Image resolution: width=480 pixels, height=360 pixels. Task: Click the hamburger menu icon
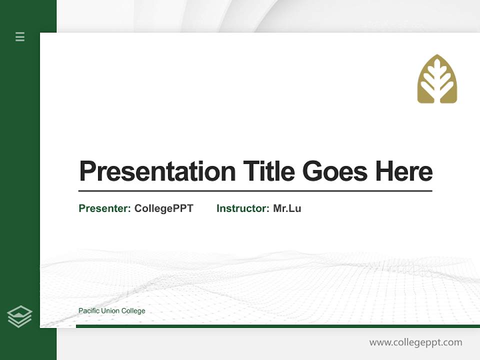(20, 36)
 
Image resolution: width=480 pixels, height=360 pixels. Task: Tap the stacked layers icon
(19, 316)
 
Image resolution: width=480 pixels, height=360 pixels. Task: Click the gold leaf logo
(437, 79)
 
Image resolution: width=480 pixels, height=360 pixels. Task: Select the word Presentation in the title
(157, 171)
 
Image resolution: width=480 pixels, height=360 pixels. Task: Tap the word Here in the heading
(403, 171)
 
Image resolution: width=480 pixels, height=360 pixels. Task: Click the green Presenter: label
(105, 208)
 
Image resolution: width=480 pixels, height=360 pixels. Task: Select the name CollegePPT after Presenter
(163, 208)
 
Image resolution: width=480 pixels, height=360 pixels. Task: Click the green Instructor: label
(243, 208)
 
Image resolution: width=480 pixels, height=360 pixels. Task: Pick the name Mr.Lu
(287, 208)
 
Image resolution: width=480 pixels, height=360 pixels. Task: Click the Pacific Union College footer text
(111, 311)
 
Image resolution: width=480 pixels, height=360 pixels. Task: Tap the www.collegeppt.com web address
(415, 342)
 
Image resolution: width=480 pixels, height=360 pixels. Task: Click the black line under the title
(255, 190)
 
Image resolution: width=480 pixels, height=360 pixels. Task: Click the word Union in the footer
(109, 311)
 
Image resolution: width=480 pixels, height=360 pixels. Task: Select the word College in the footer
(132, 311)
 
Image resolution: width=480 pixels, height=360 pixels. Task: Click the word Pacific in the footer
(88, 311)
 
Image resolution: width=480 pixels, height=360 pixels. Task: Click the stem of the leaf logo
(437, 96)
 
